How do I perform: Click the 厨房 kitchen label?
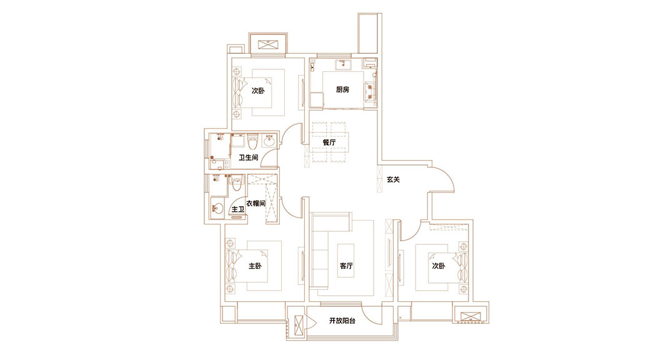coord(342,89)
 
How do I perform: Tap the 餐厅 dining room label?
coord(329,142)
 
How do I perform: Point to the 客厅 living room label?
coord(347,266)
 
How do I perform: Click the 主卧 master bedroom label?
coord(255,266)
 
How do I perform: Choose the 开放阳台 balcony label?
coord(342,321)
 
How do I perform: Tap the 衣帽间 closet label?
coord(256,204)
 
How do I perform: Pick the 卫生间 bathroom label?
coord(249,157)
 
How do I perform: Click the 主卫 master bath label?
coord(237,208)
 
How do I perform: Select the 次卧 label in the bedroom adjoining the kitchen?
coord(258,91)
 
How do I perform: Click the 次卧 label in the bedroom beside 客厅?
coord(438,266)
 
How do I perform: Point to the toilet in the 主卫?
coord(236,183)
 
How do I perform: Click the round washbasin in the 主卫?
coord(218,207)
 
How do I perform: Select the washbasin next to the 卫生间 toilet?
coord(269,141)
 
